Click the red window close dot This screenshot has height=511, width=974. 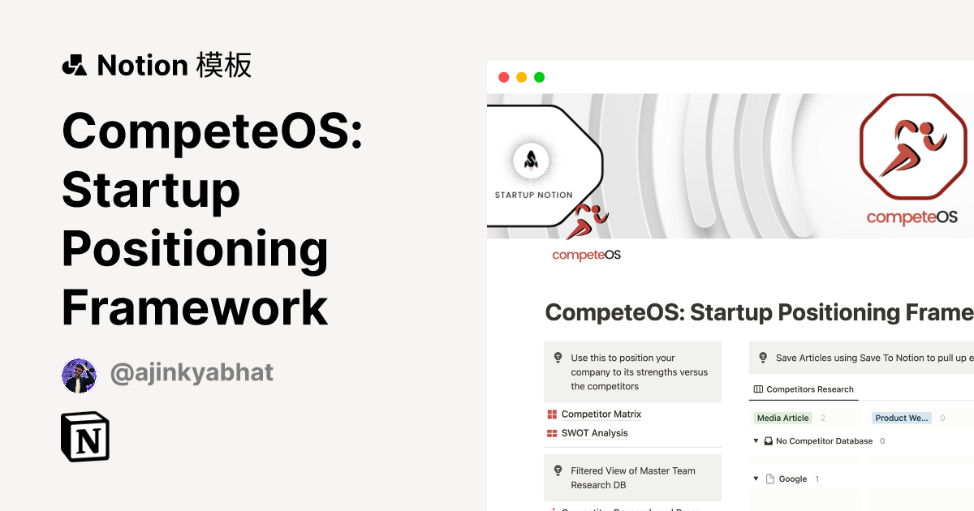[503, 78]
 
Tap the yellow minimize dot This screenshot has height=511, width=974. [521, 78]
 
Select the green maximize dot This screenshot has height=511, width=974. [539, 78]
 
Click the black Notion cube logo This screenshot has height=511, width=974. [85, 437]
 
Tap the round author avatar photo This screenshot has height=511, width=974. [80, 376]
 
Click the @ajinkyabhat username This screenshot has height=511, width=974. [192, 372]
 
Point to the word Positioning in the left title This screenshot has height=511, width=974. [195, 250]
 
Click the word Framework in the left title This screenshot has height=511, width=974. [195, 309]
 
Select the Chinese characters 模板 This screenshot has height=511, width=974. [224, 65]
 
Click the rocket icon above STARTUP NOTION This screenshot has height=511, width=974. [531, 161]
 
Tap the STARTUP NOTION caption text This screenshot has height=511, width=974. [533, 195]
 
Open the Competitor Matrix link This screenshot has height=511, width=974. [601, 414]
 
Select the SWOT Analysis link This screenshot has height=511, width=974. [594, 433]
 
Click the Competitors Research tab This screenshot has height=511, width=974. [809, 389]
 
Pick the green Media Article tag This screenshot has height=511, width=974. [782, 418]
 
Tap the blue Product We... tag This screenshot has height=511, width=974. [901, 418]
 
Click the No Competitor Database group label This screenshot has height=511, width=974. [824, 441]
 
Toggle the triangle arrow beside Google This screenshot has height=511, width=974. [756, 479]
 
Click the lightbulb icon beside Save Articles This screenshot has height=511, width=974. [763, 358]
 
